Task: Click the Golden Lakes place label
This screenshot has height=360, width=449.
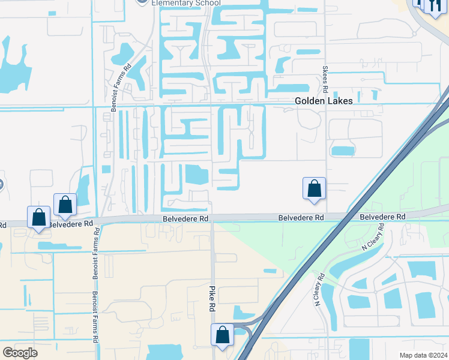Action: click(324, 101)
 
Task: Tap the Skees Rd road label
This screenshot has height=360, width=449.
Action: click(325, 79)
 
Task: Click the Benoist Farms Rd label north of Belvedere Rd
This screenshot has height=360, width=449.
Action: click(128, 80)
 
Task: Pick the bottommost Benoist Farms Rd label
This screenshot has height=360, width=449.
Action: click(95, 316)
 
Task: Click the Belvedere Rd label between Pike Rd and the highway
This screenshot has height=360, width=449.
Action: click(301, 217)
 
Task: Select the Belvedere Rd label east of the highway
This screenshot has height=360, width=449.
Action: click(383, 216)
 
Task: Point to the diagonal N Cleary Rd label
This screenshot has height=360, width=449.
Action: click(372, 239)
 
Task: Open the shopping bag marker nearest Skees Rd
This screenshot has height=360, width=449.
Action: click(314, 188)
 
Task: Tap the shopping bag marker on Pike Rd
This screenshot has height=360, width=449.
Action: click(222, 335)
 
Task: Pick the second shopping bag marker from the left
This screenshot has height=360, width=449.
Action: click(65, 205)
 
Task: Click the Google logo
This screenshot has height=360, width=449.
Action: click(20, 353)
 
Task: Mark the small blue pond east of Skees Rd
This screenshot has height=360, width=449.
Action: click(343, 151)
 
